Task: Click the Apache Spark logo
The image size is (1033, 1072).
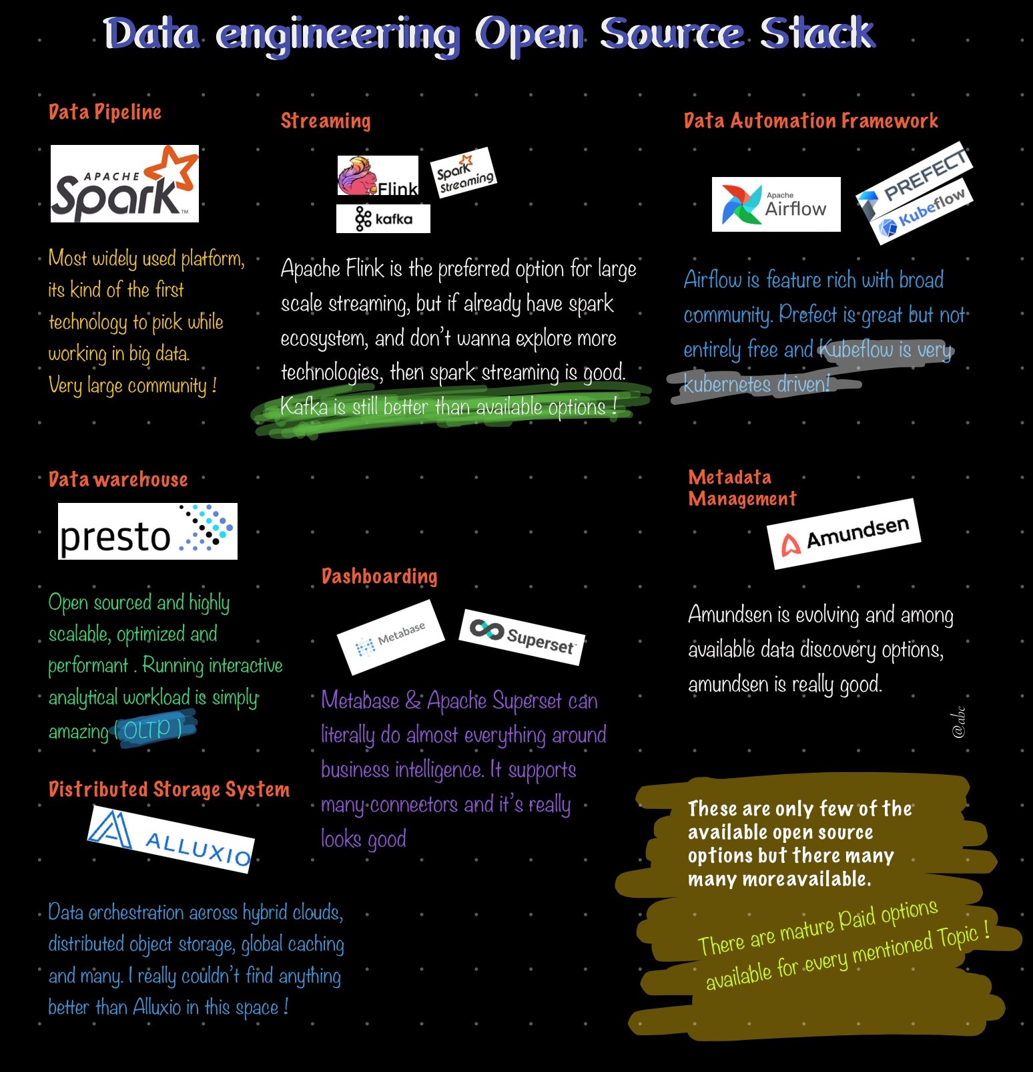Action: coord(125,184)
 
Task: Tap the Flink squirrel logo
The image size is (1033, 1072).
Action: coord(377,176)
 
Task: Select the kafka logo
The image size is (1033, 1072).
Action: coord(383,218)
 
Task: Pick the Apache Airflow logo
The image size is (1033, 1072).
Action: coord(775,204)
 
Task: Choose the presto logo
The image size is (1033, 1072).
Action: coord(147,532)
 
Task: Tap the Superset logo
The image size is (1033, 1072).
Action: coord(523,637)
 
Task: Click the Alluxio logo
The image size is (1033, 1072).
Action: coord(171,840)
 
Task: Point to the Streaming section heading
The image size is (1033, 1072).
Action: coord(326,121)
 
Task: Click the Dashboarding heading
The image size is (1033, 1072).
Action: coord(379,576)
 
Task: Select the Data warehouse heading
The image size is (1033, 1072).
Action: coord(118,480)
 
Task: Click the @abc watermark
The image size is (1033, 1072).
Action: coord(959,722)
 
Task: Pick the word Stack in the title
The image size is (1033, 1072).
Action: coord(817,33)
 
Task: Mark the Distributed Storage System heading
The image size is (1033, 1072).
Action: coord(169,789)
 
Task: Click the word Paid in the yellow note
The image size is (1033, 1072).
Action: coord(857,919)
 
